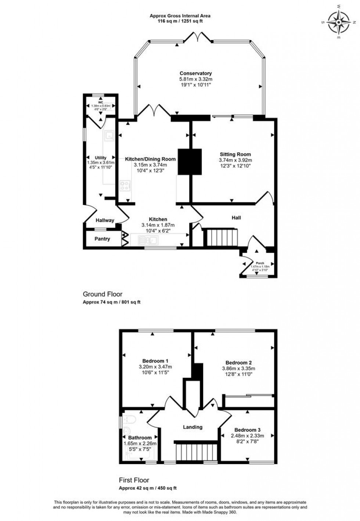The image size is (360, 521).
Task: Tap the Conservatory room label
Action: tap(195, 73)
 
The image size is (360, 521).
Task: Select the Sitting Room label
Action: tap(235, 154)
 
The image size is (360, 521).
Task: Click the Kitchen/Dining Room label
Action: tap(150, 159)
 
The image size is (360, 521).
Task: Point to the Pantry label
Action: tap(102, 239)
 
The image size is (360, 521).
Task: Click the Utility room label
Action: tap(100, 158)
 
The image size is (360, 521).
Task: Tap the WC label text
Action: tap(100, 102)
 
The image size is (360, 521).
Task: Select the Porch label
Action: tap(260, 263)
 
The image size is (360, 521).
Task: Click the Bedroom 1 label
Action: tap(155, 361)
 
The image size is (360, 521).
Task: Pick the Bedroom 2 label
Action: tap(238, 363)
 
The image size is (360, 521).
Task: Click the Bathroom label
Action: tap(140, 438)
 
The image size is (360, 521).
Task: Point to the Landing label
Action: tap(193, 427)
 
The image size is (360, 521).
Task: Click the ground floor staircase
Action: tap(222, 237)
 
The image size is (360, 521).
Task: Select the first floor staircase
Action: tap(195, 451)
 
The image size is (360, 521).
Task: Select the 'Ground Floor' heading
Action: tap(102, 294)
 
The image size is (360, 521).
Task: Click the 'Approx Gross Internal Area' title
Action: tap(180, 16)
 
